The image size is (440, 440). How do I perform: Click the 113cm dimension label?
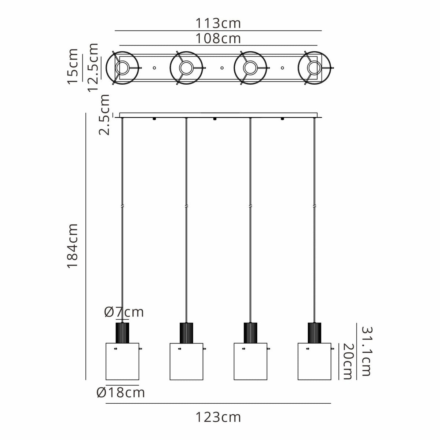218,23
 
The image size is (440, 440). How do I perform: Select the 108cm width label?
218,38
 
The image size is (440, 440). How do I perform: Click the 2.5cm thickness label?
104,115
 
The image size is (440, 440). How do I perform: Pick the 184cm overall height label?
73,246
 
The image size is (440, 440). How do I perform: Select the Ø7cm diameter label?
124,312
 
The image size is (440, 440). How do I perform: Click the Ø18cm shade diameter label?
121,392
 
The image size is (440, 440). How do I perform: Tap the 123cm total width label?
218,418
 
